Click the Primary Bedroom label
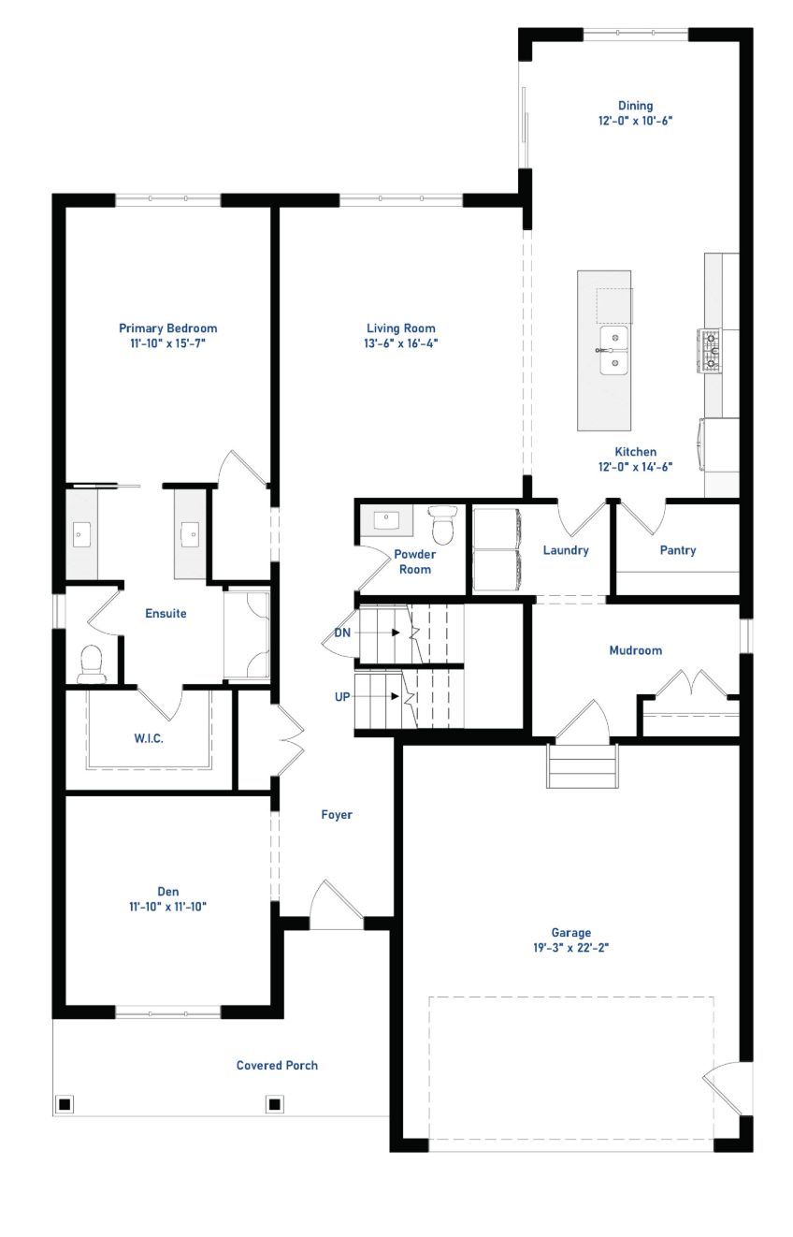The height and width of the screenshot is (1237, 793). pyautogui.click(x=167, y=328)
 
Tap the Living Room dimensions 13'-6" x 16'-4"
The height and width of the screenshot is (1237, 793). pyautogui.click(x=400, y=343)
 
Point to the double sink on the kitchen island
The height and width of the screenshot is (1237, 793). pyautogui.click(x=614, y=350)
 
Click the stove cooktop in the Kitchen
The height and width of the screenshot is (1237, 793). pyautogui.click(x=711, y=350)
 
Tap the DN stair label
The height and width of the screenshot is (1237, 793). pyautogui.click(x=342, y=633)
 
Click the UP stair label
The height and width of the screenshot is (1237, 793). pyautogui.click(x=342, y=697)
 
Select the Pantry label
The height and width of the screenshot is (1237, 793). pyautogui.click(x=678, y=550)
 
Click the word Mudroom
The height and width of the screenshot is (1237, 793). pyautogui.click(x=635, y=650)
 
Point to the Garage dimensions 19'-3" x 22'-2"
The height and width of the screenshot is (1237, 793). pyautogui.click(x=571, y=948)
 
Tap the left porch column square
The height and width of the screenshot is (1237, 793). pyautogui.click(x=65, y=1104)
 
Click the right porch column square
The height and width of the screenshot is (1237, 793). pyautogui.click(x=274, y=1104)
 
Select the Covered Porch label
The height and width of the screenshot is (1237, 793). pyautogui.click(x=277, y=1065)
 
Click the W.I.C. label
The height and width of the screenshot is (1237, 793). pyautogui.click(x=149, y=738)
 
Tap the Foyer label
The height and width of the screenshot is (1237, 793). pyautogui.click(x=337, y=815)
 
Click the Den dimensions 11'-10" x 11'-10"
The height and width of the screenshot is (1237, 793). pyautogui.click(x=167, y=907)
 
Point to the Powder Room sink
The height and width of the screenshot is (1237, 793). pyautogui.click(x=385, y=519)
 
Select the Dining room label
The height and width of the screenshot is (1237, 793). pyautogui.click(x=635, y=106)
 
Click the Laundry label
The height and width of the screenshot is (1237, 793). pyautogui.click(x=566, y=550)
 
